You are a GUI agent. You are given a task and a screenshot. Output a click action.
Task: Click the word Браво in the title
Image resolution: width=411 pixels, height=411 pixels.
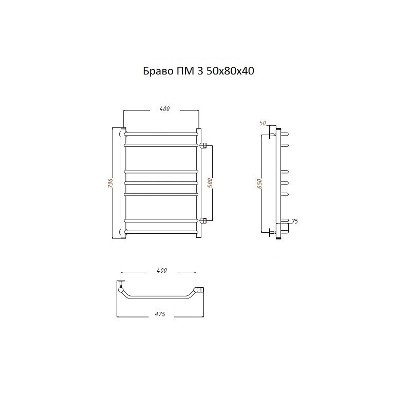(158, 71)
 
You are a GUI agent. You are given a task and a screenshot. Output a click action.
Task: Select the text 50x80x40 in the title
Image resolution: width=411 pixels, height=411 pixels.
(230, 71)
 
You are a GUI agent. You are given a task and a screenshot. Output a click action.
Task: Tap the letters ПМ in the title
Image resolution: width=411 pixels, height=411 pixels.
(184, 71)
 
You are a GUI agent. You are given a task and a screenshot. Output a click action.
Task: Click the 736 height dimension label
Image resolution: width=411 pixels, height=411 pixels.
(110, 183)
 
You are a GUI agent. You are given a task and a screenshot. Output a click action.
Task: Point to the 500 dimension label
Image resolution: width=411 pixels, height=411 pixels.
(210, 183)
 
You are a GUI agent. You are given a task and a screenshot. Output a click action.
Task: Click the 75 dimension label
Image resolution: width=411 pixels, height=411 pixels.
(294, 221)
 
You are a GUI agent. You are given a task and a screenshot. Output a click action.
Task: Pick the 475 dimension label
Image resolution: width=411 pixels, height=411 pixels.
(160, 314)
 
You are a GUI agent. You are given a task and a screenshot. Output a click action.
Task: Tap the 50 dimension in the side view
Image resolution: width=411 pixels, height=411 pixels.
(263, 123)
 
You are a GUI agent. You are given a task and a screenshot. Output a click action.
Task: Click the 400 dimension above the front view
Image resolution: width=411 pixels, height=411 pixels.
(164, 108)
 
